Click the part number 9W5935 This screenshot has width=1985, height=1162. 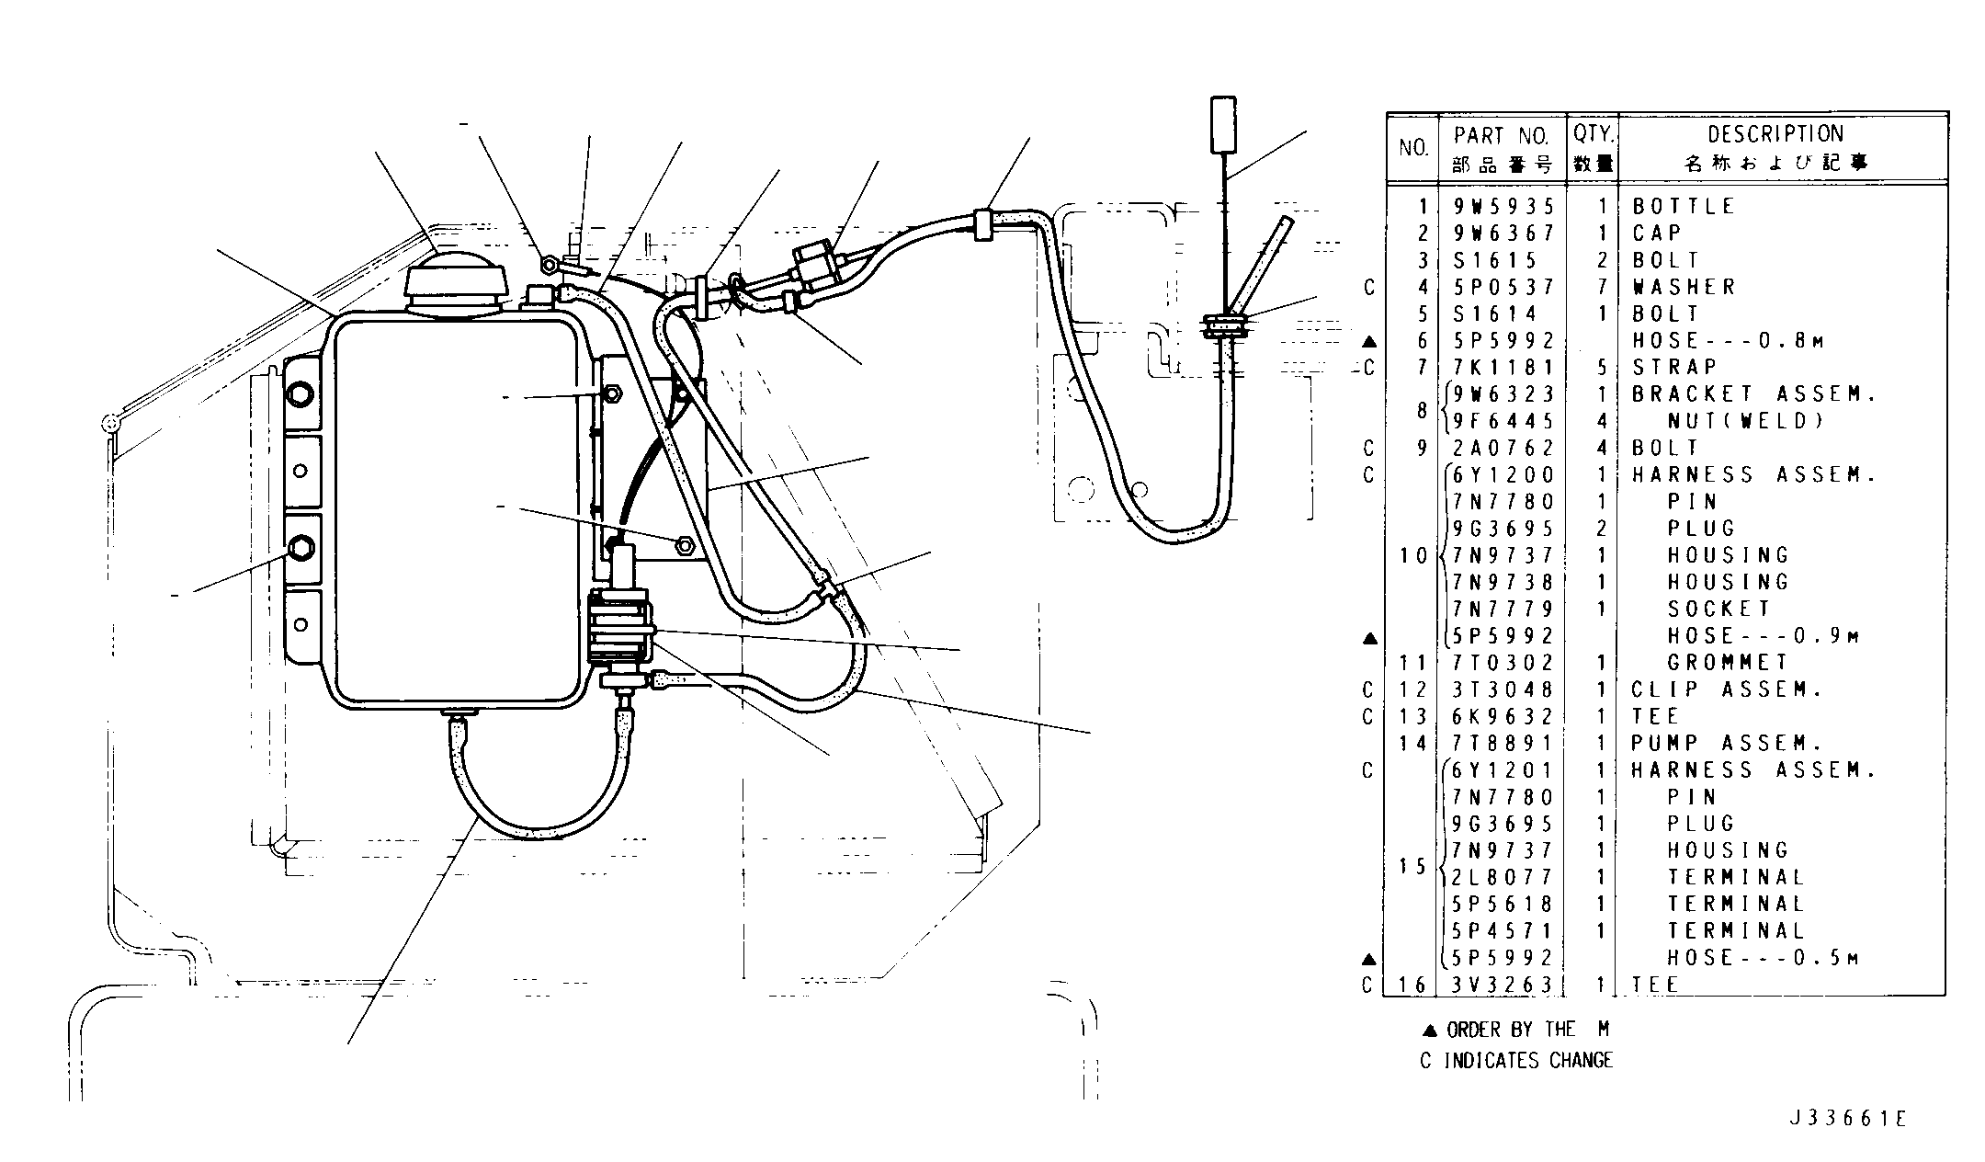click(x=1503, y=207)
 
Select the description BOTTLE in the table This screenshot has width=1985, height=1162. click(x=1684, y=207)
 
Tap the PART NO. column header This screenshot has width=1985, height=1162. click(x=1502, y=136)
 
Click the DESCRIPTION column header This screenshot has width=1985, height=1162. click(x=1775, y=134)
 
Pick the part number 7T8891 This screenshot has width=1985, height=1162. click(x=1503, y=743)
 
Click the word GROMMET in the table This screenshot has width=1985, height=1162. click(x=1728, y=663)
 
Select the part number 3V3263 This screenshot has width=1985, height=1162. click(x=1503, y=985)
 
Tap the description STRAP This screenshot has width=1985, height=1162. click(x=1674, y=368)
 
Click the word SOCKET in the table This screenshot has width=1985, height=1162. click(x=1718, y=609)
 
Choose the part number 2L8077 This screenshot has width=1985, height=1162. click(x=1503, y=877)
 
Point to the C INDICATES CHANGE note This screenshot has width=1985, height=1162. click(x=1516, y=1061)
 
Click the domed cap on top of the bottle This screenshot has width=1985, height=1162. click(x=456, y=279)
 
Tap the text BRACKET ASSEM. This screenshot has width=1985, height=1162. click(x=1753, y=394)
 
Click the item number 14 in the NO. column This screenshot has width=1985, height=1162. click(x=1413, y=743)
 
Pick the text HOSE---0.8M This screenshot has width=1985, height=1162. click(x=1728, y=341)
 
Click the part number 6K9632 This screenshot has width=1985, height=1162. click(x=1503, y=716)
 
